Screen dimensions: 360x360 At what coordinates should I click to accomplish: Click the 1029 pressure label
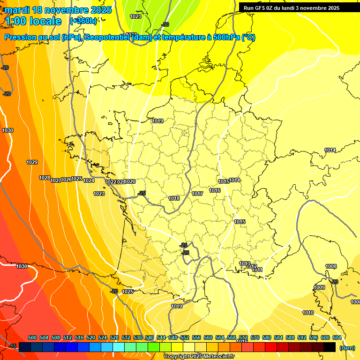coord(32,162)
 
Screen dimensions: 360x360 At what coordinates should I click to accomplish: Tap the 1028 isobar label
coord(45,178)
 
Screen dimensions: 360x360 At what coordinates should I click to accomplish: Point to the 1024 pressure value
coord(89,180)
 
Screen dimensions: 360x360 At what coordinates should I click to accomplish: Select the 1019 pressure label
coord(157,121)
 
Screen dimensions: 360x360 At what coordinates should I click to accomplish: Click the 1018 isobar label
coord(174,198)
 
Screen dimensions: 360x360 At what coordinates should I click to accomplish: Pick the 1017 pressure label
coord(197,194)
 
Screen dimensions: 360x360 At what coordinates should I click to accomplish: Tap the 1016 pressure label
coord(215,190)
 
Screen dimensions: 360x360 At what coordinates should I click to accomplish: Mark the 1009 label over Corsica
coord(319,287)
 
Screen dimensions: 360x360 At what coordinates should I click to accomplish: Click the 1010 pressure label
coord(308,313)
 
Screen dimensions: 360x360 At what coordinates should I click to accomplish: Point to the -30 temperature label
coord(165,24)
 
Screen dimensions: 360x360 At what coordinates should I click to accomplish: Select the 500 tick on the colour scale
coord(32,337)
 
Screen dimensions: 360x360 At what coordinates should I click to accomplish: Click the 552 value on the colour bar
coord(185,337)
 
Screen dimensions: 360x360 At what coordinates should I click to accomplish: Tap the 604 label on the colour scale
coord(337,337)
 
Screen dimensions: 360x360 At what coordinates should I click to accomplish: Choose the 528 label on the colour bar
coord(114,337)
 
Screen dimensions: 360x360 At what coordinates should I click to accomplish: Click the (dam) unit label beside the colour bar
coord(347,347)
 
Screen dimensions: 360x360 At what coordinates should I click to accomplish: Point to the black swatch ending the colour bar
coord(330,347)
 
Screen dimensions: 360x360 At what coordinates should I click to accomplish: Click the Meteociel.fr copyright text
coord(199,356)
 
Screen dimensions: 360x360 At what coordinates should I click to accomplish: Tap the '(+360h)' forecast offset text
coord(83,21)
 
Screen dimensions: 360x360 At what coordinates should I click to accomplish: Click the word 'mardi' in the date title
coord(17,9)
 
